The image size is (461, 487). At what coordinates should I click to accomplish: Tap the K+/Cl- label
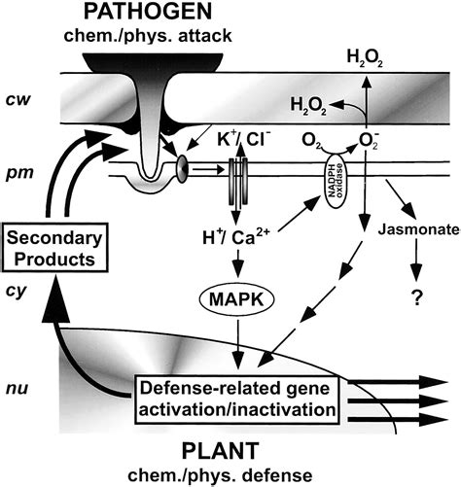252,138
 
